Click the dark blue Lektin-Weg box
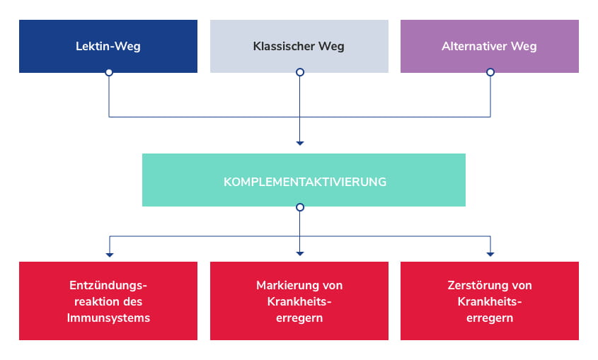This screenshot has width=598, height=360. point(108,46)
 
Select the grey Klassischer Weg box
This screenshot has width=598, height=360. point(299,46)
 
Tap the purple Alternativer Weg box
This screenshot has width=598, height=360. point(489,46)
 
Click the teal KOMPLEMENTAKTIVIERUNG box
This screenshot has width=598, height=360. point(304,180)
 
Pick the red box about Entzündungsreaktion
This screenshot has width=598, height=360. point(108,301)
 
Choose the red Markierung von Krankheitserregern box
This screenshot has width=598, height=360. point(299,301)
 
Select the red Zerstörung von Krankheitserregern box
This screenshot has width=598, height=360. point(489,301)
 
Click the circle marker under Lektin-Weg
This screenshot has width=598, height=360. point(109,72)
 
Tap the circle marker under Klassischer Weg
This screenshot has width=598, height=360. point(300,72)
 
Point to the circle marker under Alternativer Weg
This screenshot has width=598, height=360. point(490,72)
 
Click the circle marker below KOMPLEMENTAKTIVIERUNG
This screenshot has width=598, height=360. point(300,207)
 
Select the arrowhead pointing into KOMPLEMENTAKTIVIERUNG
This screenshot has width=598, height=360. point(300,143)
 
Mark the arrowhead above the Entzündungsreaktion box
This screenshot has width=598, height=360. point(109,253)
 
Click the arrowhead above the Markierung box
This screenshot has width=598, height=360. point(300,253)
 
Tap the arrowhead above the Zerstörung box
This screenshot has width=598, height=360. point(490,253)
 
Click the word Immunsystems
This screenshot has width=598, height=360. point(109,318)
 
